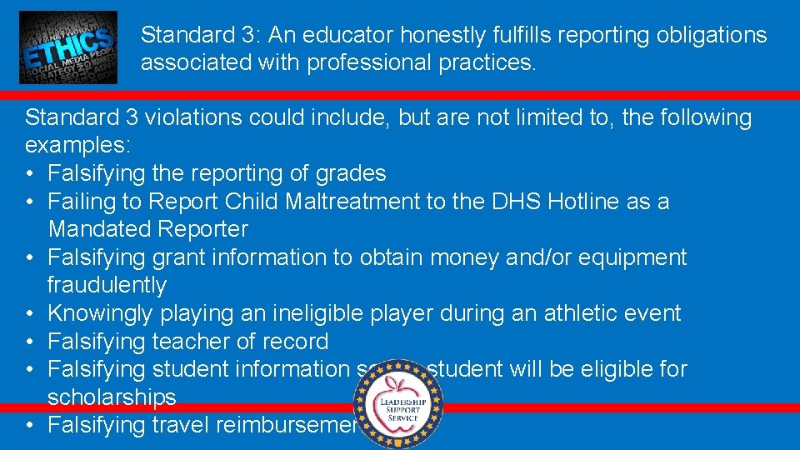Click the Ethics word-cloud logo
point(68,47)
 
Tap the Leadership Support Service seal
point(397,404)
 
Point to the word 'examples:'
point(77,145)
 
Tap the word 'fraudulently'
point(107,285)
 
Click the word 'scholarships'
point(112,397)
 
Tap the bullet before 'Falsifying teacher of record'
point(30,342)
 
